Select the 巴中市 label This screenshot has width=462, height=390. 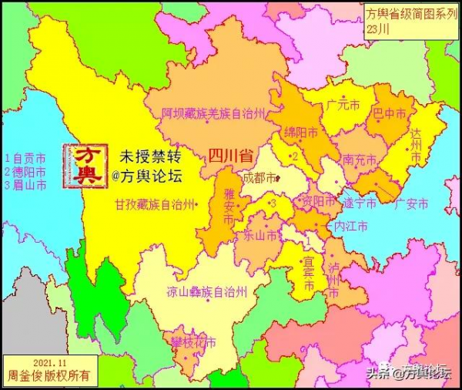coord(390,113)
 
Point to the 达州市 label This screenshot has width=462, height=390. coord(417,144)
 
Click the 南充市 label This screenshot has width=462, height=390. coord(359,160)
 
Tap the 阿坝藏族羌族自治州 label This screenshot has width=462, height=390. coord(213,113)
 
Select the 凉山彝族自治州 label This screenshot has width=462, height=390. coord(207,292)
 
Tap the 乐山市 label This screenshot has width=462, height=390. coord(260,235)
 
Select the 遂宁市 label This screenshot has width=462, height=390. coord(360,203)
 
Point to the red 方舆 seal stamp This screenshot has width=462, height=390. coord(83,164)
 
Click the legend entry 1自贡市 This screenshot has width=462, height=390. coord(24,156)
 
